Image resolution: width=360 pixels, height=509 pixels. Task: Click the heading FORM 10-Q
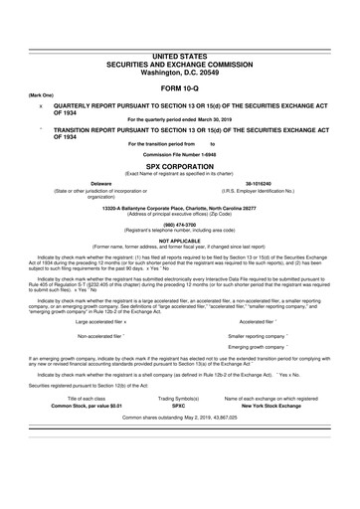click(179, 88)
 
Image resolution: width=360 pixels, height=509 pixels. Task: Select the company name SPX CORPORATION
click(179, 167)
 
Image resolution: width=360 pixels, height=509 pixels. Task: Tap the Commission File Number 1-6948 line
click(179, 157)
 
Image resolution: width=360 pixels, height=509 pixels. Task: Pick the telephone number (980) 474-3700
click(179, 225)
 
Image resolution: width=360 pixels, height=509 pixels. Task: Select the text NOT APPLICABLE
click(179, 242)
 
